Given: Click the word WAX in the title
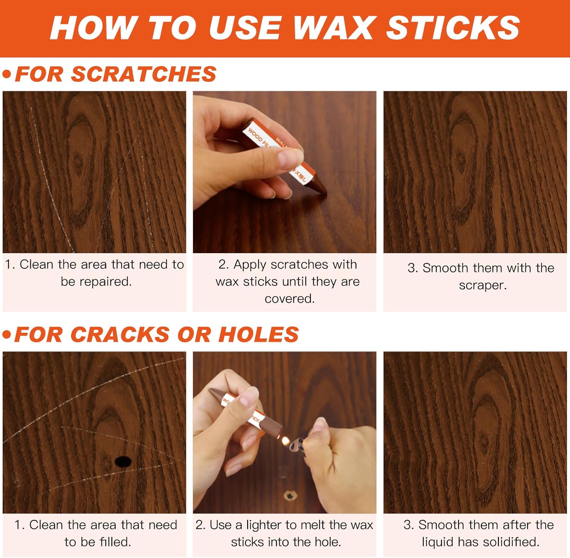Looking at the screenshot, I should pyautogui.click(x=333, y=28).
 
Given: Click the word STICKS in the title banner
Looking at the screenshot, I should pyautogui.click(x=453, y=28).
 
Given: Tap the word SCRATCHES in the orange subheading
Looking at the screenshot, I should pyautogui.click(x=144, y=74).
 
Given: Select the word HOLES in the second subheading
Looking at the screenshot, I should pyautogui.click(x=258, y=334).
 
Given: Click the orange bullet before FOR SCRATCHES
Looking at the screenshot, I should pyautogui.click(x=6, y=74).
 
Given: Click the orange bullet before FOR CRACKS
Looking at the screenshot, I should pyautogui.click(x=6, y=334).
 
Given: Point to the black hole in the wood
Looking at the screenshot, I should pyautogui.click(x=123, y=461).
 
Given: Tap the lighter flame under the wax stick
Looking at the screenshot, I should pyautogui.click(x=285, y=441).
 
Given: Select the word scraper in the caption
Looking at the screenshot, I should pyautogui.click(x=483, y=285).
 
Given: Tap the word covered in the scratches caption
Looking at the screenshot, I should pyautogui.click(x=290, y=299).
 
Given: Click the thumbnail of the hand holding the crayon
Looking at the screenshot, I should pyautogui.click(x=284, y=172).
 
